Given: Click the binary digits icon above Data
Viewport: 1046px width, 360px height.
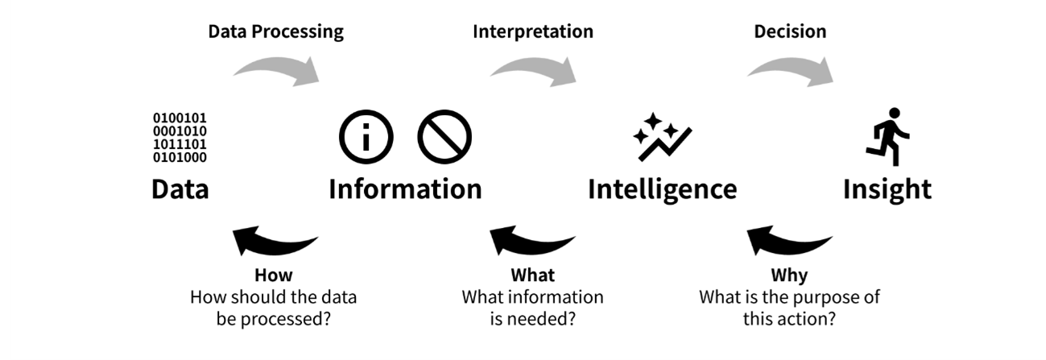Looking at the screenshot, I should (x=180, y=138).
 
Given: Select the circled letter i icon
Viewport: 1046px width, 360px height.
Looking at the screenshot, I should (x=366, y=138).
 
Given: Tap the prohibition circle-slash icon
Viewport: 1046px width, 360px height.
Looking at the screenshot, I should (x=444, y=138).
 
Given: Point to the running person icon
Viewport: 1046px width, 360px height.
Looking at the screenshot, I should (x=887, y=136).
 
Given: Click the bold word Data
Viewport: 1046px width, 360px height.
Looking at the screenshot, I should (x=180, y=189).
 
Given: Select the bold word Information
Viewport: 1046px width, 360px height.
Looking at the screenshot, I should (x=405, y=189).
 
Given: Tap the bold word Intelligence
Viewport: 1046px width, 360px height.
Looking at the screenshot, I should (x=662, y=189).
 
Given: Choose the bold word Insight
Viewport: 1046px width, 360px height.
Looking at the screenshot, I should (x=887, y=189).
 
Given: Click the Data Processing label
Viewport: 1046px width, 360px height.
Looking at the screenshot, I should (x=275, y=32).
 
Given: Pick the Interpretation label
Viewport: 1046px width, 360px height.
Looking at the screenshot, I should (x=532, y=32).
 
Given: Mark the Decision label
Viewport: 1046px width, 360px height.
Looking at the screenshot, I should (x=790, y=32).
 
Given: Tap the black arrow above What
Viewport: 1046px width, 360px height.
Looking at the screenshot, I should (x=531, y=240).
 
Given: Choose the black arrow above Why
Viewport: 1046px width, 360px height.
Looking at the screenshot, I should (x=788, y=240).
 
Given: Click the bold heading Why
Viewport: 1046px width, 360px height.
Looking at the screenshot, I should (x=789, y=276).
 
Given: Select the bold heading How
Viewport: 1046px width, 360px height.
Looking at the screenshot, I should (x=274, y=276).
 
